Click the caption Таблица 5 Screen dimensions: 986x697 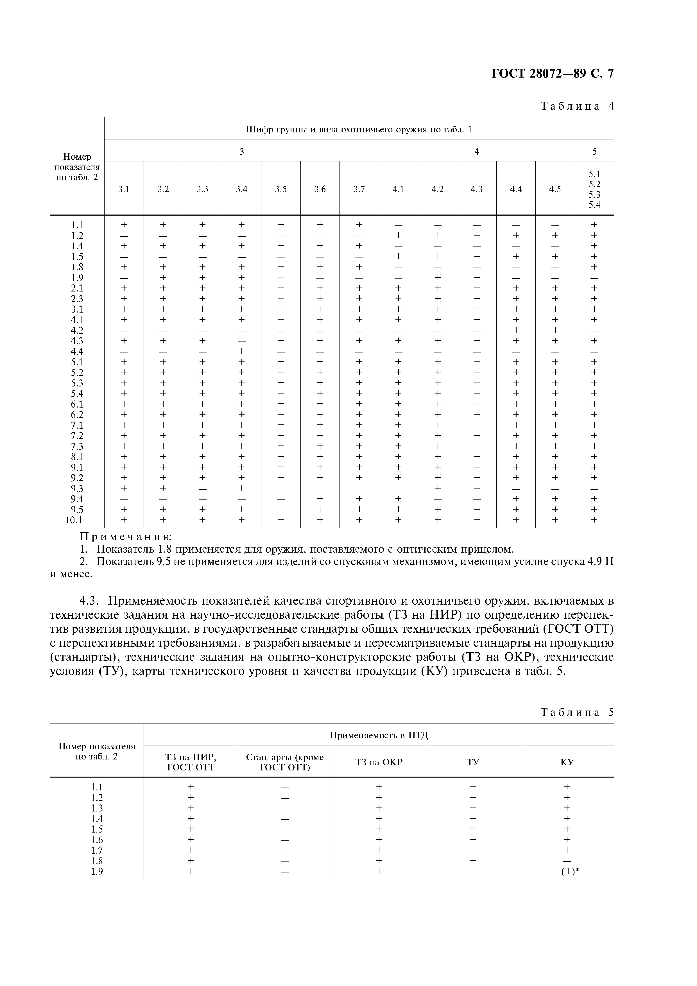click(577, 713)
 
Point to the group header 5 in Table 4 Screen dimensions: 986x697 click(594, 151)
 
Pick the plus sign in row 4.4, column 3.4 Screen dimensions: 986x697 click(241, 351)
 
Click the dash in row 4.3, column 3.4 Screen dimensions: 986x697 click(241, 341)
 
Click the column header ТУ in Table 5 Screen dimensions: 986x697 click(473, 762)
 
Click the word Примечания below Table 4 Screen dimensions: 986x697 click(126, 537)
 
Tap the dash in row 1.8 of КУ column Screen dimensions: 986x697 click(567, 861)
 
